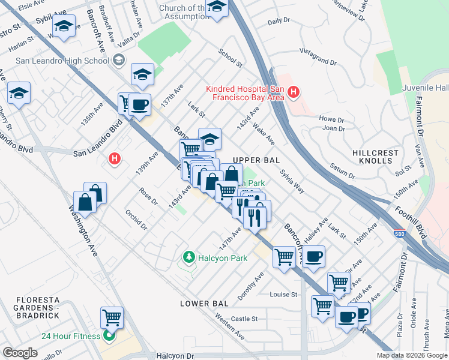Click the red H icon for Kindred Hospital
[293, 92]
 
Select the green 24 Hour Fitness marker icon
[109, 335]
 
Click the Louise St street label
[283, 295]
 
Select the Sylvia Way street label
[292, 181]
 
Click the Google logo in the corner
[20, 353]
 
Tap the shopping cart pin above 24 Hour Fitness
[112, 317]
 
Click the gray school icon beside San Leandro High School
[118, 60]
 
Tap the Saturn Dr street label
[342, 171]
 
